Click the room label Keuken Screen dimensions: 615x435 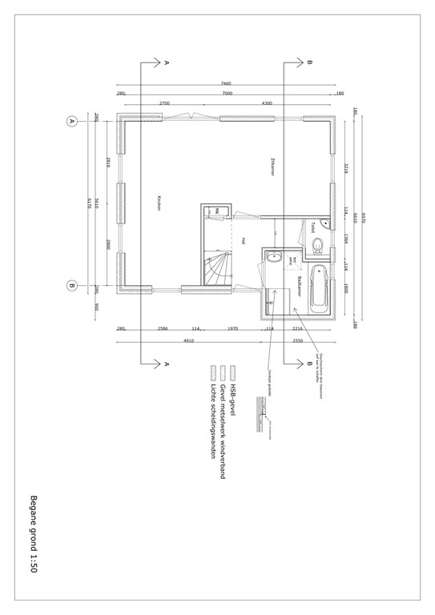pyautogui.click(x=159, y=203)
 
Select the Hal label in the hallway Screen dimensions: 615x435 pyautogui.click(x=241, y=240)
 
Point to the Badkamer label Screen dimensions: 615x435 pyautogui.click(x=298, y=285)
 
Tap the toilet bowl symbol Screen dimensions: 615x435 pyautogui.click(x=319, y=244)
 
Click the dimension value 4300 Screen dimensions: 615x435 pyautogui.click(x=267, y=103)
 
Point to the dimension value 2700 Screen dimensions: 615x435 pyautogui.click(x=164, y=103)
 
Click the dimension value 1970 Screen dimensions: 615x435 pyautogui.click(x=232, y=328)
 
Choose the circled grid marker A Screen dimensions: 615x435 pyautogui.click(x=72, y=122)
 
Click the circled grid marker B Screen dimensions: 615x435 pyautogui.click(x=72, y=286)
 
